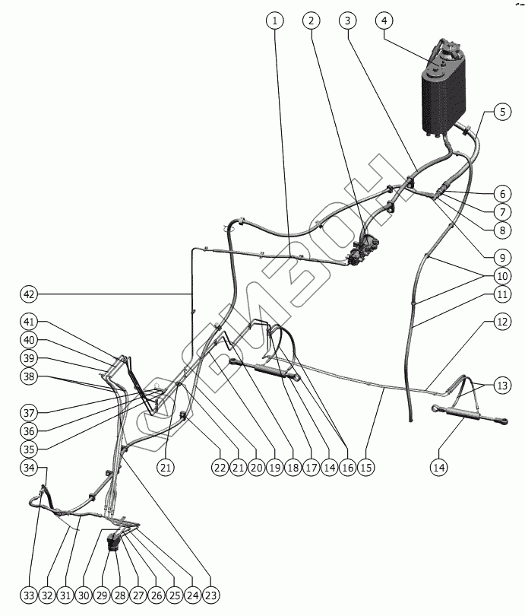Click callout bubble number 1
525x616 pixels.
pos(274,21)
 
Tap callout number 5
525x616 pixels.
pos(501,113)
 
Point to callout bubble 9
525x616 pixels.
pos(501,256)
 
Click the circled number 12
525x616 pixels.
pos(501,322)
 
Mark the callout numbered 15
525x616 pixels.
pos(365,466)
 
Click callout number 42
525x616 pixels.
pos(29,294)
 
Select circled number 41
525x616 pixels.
pos(29,322)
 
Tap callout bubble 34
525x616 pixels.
pos(29,466)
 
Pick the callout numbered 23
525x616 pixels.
pos(210,595)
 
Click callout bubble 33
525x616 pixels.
pos(29,595)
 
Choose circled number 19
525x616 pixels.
pos(275,466)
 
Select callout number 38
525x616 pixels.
pos(29,375)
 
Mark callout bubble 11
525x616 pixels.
pos(501,294)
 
